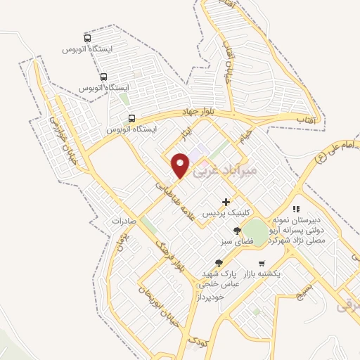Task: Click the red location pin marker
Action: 181,165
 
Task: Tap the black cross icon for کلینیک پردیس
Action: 225,202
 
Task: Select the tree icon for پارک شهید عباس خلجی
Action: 219,262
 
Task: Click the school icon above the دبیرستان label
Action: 296,209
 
